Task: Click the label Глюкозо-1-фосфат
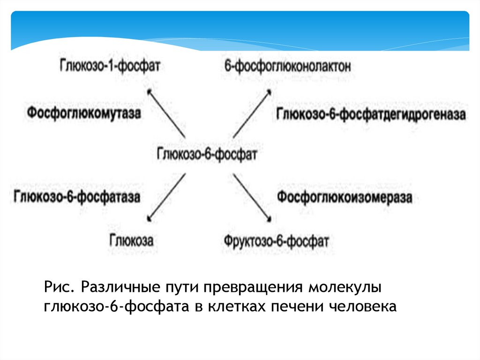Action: tap(109, 65)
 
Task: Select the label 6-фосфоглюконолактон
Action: tap(287, 66)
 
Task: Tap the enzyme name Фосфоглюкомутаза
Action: tap(84, 113)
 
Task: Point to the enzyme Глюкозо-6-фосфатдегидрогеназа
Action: tap(371, 114)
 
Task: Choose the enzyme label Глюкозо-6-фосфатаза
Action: tap(77, 196)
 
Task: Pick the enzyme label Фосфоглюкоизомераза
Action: tap(345, 197)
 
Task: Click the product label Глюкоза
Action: tap(132, 240)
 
